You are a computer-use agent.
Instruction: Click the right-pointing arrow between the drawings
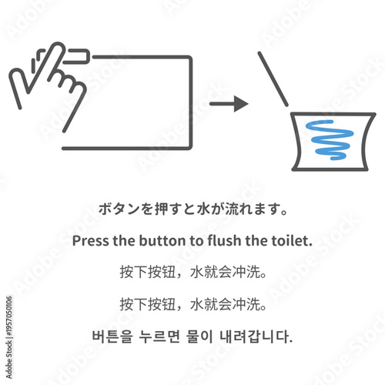tap(229, 103)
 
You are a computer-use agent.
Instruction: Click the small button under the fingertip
tap(76, 55)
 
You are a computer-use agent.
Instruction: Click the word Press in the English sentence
tap(91, 240)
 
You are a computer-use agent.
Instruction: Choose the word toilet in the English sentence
tap(292, 240)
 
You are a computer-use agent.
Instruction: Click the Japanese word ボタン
tap(115, 209)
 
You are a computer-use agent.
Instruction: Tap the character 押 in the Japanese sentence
tap(150, 209)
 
